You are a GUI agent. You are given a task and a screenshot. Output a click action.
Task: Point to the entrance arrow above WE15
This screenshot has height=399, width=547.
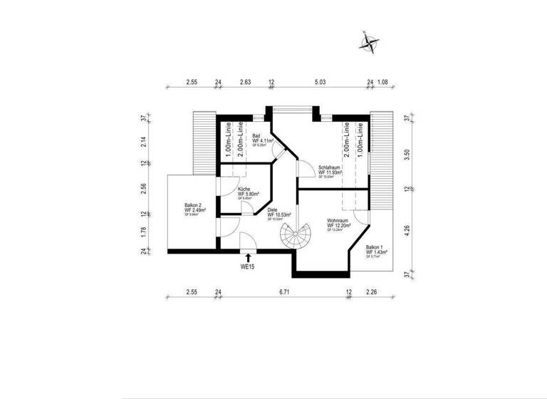pyautogui.click(x=248, y=256)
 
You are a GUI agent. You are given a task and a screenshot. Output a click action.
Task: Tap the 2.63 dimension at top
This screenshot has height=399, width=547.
pyautogui.click(x=245, y=83)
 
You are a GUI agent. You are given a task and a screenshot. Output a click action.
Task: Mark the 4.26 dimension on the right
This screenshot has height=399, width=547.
pyautogui.click(x=407, y=232)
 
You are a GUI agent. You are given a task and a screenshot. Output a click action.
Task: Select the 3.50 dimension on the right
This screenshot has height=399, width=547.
pyautogui.click(x=407, y=153)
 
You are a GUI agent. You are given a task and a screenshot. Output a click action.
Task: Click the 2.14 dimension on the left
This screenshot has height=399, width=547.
pyautogui.click(x=143, y=141)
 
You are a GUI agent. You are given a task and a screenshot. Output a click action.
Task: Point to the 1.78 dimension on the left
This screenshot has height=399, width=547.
pyautogui.click(x=143, y=232)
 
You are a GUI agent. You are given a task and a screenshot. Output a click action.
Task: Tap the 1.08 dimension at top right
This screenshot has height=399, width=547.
pyautogui.click(x=382, y=83)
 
